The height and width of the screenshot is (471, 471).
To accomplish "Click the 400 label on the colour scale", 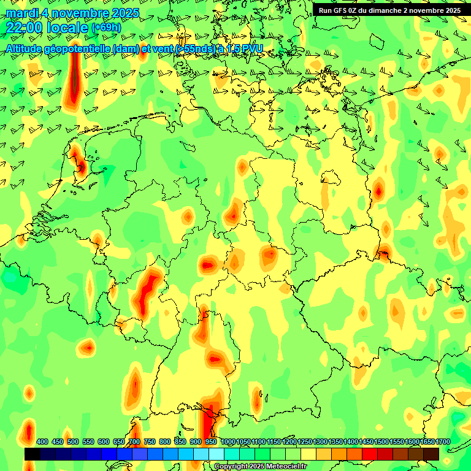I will [42, 442].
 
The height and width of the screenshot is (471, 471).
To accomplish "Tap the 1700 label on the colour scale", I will [443, 442].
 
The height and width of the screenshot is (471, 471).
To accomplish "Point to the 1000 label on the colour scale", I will [228, 442].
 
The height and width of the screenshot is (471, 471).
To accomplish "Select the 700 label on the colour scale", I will [134, 442].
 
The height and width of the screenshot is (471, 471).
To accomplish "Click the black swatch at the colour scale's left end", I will [33, 454].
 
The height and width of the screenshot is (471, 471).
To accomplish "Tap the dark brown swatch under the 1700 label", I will [431, 454].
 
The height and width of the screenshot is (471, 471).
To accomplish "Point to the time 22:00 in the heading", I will [24, 28].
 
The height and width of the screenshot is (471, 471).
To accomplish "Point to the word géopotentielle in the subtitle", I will [80, 48].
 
